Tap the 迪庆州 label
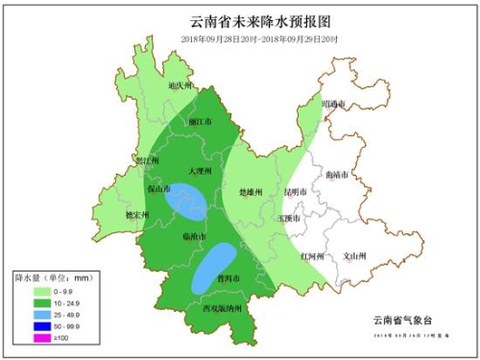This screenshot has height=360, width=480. pyautogui.click(x=181, y=86)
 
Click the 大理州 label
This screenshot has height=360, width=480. pyautogui.click(x=199, y=170)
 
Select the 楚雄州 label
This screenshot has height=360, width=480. pyautogui.click(x=250, y=192)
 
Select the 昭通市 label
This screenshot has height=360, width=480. pyautogui.click(x=333, y=103)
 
